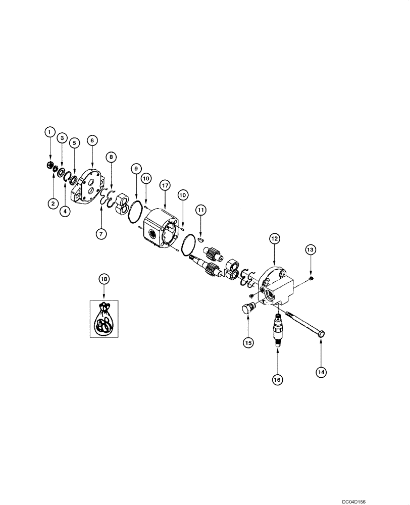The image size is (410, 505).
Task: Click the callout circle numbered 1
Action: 49,132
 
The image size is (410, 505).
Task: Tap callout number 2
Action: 53,204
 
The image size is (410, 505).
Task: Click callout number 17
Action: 165,185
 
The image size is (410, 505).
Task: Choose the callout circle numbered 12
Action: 274,238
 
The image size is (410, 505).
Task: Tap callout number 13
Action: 311,249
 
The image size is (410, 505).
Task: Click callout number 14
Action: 321,372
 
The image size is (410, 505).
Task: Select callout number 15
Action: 248,342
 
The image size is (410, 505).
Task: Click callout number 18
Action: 104,279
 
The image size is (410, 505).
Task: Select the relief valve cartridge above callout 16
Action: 278,329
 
